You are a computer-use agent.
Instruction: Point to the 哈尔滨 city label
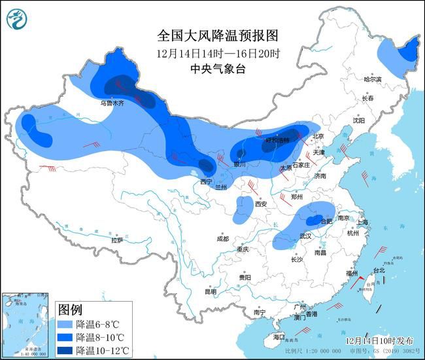coord(372,79)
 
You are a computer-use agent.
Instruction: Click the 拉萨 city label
coord(117,240)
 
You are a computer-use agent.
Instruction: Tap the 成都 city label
coord(223,238)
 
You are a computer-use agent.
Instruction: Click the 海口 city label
coord(279,337)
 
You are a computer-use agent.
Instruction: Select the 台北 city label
coord(379,270)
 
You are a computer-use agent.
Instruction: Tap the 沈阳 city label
coord(359,120)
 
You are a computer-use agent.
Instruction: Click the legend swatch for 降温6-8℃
coord(65,324)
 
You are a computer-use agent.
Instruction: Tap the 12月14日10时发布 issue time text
coord(380,341)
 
